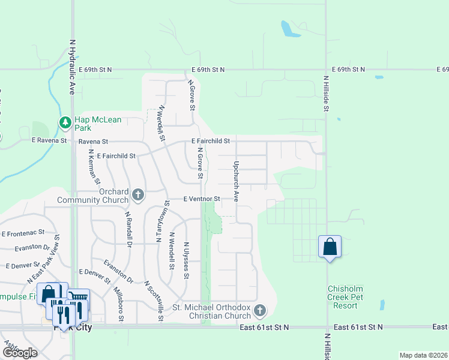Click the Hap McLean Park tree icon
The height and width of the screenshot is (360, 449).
coord(65,123)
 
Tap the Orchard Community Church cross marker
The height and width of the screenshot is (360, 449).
coord(138,194)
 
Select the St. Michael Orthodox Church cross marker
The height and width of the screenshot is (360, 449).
coord(259,311)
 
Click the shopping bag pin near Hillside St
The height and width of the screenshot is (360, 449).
coord(330,247)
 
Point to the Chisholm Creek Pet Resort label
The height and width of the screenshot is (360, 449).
coord(351,297)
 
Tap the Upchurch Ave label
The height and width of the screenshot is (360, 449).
coord(237,181)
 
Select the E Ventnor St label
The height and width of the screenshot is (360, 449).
coord(202,199)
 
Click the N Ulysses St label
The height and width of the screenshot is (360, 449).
coord(187,260)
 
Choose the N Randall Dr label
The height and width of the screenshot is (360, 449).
coord(128,229)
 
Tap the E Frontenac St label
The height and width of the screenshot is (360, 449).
coord(23,232)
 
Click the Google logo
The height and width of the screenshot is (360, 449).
coord(20,353)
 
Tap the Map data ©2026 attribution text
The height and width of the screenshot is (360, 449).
coord(423,355)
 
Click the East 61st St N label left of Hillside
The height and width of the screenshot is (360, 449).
coord(264,327)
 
